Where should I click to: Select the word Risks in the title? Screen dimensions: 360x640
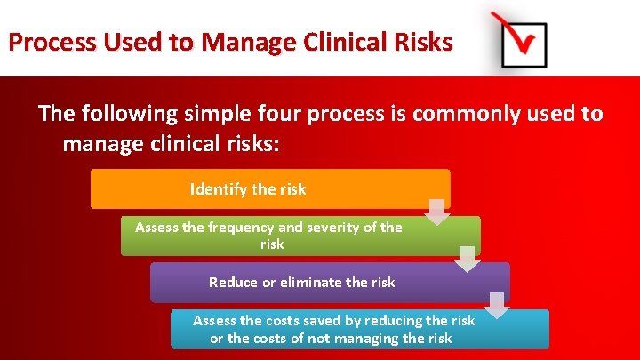[422, 42]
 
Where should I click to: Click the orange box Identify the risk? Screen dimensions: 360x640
[270, 189]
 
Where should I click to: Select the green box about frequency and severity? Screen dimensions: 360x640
[300, 236]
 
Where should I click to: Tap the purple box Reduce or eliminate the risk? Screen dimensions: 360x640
[329, 282]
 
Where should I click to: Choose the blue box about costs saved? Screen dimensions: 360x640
[359, 329]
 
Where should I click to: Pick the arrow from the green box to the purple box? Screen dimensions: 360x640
[468, 259]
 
